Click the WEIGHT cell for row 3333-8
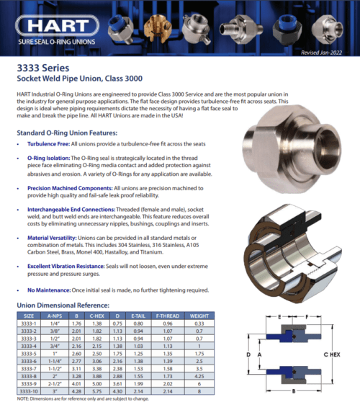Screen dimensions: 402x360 199,375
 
